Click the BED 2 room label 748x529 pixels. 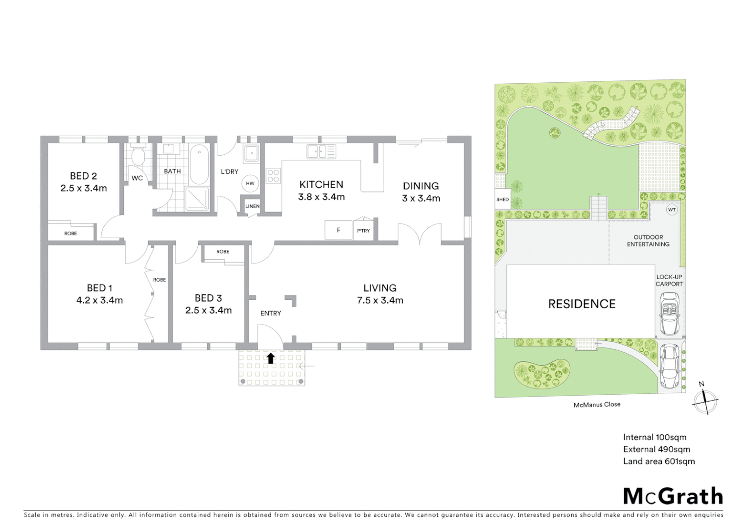pos(83,176)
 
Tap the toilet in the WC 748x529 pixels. pos(138,156)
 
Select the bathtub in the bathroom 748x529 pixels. pos(199,164)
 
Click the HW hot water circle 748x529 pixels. pos(250,184)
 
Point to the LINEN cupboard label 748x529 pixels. pos(252,206)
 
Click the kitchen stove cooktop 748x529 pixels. pos(273,176)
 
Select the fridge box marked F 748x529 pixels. pos(338,230)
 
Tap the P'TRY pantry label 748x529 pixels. pos(363,231)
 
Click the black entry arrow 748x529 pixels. pos(271,358)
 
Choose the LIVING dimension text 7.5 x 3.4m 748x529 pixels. pos(380,300)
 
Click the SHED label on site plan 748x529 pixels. pos(502,199)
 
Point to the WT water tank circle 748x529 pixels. pos(672,210)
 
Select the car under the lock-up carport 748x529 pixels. pos(669,313)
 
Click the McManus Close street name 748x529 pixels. pos(597,405)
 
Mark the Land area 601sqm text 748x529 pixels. pos(658,461)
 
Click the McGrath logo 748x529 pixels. pos(673,496)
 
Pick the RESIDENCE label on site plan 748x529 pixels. pos(582,304)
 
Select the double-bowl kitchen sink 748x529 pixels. pos(321,152)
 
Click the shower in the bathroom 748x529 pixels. pos(197,199)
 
